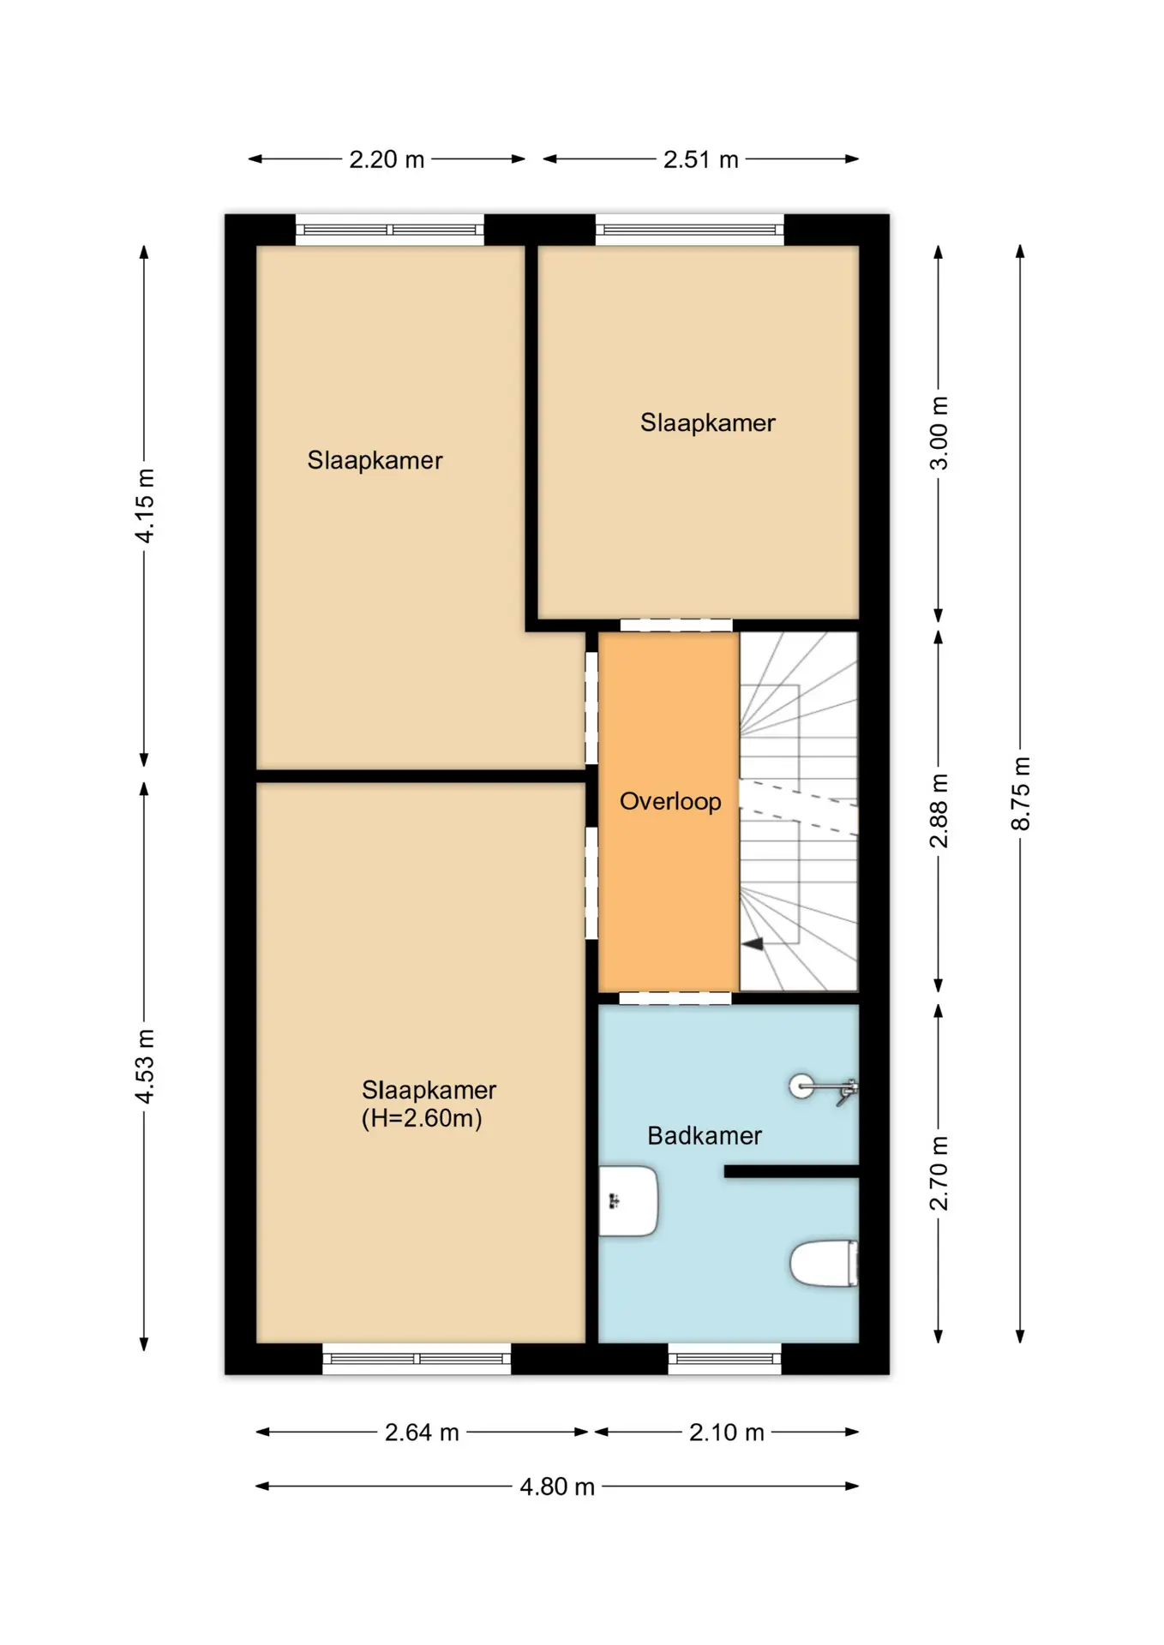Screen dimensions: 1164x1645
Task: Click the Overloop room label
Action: pos(670,802)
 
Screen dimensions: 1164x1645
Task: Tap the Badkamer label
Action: pos(705,1136)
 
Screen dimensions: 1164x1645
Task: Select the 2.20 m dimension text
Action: pos(387,159)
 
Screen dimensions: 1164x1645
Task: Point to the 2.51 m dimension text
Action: pos(701,159)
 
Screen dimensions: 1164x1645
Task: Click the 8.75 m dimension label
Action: pos(1021,793)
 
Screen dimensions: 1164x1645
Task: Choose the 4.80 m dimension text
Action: pos(557,1486)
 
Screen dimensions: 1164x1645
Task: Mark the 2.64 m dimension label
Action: pos(422,1433)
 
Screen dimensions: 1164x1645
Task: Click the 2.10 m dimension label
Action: pos(727,1433)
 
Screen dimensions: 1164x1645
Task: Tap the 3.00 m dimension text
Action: pos(939,434)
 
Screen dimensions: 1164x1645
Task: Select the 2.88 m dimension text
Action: pos(939,811)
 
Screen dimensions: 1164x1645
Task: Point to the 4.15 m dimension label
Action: pos(145,505)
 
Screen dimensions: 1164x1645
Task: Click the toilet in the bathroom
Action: pos(824,1264)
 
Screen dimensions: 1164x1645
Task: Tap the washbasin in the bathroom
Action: pos(628,1200)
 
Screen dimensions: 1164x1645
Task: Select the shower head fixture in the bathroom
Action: pos(823,1089)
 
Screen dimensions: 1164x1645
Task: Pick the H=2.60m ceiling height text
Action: pos(422,1119)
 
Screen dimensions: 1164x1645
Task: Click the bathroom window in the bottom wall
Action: pos(724,1359)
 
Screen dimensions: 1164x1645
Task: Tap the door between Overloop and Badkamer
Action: pos(675,998)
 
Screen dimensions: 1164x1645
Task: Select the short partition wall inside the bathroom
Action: pos(791,1171)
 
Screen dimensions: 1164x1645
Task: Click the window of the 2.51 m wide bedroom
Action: pos(690,230)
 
